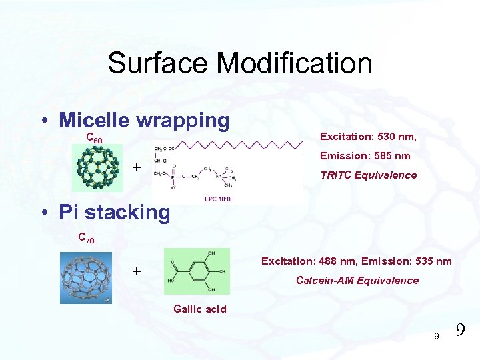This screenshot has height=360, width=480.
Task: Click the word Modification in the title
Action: (x=294, y=63)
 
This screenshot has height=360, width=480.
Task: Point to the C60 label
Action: (x=95, y=139)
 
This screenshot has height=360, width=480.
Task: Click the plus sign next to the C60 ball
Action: (x=136, y=167)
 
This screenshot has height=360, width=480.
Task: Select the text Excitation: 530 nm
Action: (x=368, y=137)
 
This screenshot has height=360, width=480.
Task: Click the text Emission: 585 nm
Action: (x=365, y=156)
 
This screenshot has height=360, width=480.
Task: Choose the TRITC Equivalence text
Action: (x=369, y=175)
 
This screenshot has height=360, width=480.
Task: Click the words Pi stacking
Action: (x=114, y=213)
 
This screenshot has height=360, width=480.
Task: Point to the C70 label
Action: (x=86, y=237)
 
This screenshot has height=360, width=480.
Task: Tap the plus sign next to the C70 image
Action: (x=136, y=271)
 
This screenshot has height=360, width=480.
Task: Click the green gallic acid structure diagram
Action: (x=197, y=271)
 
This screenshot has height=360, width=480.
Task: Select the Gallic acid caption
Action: (x=200, y=309)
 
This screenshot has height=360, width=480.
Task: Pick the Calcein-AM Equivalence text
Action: (x=357, y=280)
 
